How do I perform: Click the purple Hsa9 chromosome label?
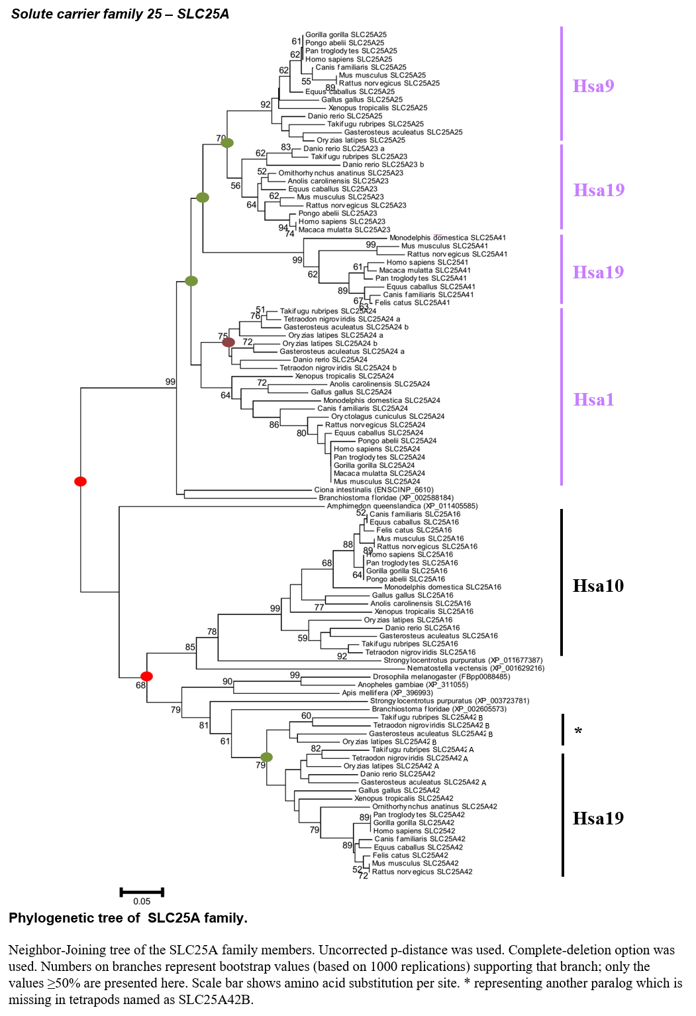pos(593,85)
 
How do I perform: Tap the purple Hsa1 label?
pos(593,399)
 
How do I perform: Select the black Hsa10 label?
pos(598,586)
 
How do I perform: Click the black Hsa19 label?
pos(598,818)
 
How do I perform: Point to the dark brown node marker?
pos(228,343)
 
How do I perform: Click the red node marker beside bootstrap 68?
pos(146,676)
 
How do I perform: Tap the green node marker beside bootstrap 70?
pos(227,143)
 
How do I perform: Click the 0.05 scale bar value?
pos(142,901)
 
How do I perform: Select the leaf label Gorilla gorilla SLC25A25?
pos(346,34)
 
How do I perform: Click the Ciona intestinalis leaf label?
pos(374,490)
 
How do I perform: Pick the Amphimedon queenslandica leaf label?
pos(403,506)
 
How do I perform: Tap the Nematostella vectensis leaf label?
pos(475,668)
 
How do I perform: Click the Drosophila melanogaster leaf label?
pos(441,677)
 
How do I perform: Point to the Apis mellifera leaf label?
pos(387,693)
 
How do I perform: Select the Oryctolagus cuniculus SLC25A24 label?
pos(387,416)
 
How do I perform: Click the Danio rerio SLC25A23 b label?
pos(383,164)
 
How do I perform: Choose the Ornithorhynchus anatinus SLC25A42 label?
pos(434,807)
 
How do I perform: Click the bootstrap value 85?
pos(190,648)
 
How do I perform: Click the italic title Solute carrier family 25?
pos(86,14)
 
